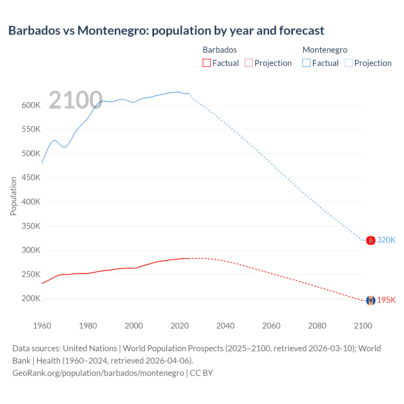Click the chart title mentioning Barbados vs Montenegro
click(x=166, y=31)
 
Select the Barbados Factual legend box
click(x=206, y=63)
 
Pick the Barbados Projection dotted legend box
click(x=249, y=63)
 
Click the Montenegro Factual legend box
click(x=306, y=63)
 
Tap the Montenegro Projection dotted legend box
click(x=348, y=63)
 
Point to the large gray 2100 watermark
click(x=75, y=100)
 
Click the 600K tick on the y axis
click(x=31, y=105)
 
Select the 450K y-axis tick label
click(x=31, y=178)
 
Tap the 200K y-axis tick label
click(x=31, y=298)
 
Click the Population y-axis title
click(x=13, y=196)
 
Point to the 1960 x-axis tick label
click(x=42, y=326)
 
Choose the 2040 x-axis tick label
click(x=225, y=326)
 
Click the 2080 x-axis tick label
click(x=317, y=326)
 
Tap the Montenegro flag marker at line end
click(x=371, y=241)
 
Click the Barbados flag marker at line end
click(x=371, y=300)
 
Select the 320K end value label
click(x=386, y=240)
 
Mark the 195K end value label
click(x=386, y=300)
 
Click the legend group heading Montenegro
click(x=325, y=50)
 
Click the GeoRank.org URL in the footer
click(x=98, y=373)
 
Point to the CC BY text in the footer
click(x=201, y=373)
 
